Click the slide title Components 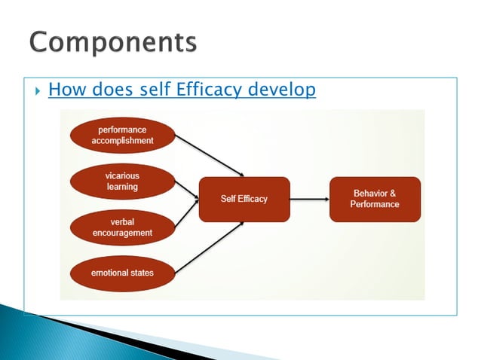point(114,43)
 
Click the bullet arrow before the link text point(35,91)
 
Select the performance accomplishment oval point(122,135)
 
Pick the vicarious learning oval point(122,181)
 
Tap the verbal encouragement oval point(122,227)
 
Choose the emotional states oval point(122,273)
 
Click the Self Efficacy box point(244,199)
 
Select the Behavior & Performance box point(375,199)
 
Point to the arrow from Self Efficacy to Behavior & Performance point(309,199)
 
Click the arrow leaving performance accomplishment point(208,155)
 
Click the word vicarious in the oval point(122,175)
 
